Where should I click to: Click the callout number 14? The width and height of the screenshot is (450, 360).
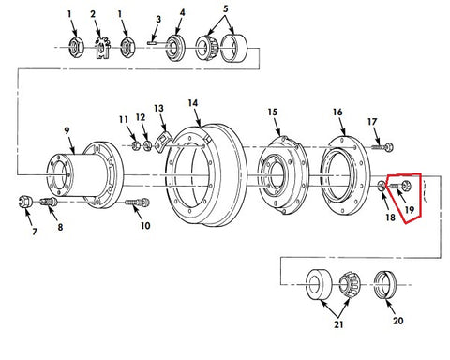point(193,103)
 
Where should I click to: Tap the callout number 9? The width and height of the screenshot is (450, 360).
point(67,130)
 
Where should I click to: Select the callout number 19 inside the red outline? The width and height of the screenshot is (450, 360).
point(410,209)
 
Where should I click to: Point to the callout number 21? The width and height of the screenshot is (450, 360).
point(338,324)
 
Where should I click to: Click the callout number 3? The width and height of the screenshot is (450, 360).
point(158,19)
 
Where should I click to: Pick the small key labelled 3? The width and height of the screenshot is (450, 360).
point(153,43)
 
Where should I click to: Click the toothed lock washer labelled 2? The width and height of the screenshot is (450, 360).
point(102,48)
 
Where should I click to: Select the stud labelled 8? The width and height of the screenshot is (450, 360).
point(49,202)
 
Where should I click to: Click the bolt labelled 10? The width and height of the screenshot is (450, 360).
point(138,202)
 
